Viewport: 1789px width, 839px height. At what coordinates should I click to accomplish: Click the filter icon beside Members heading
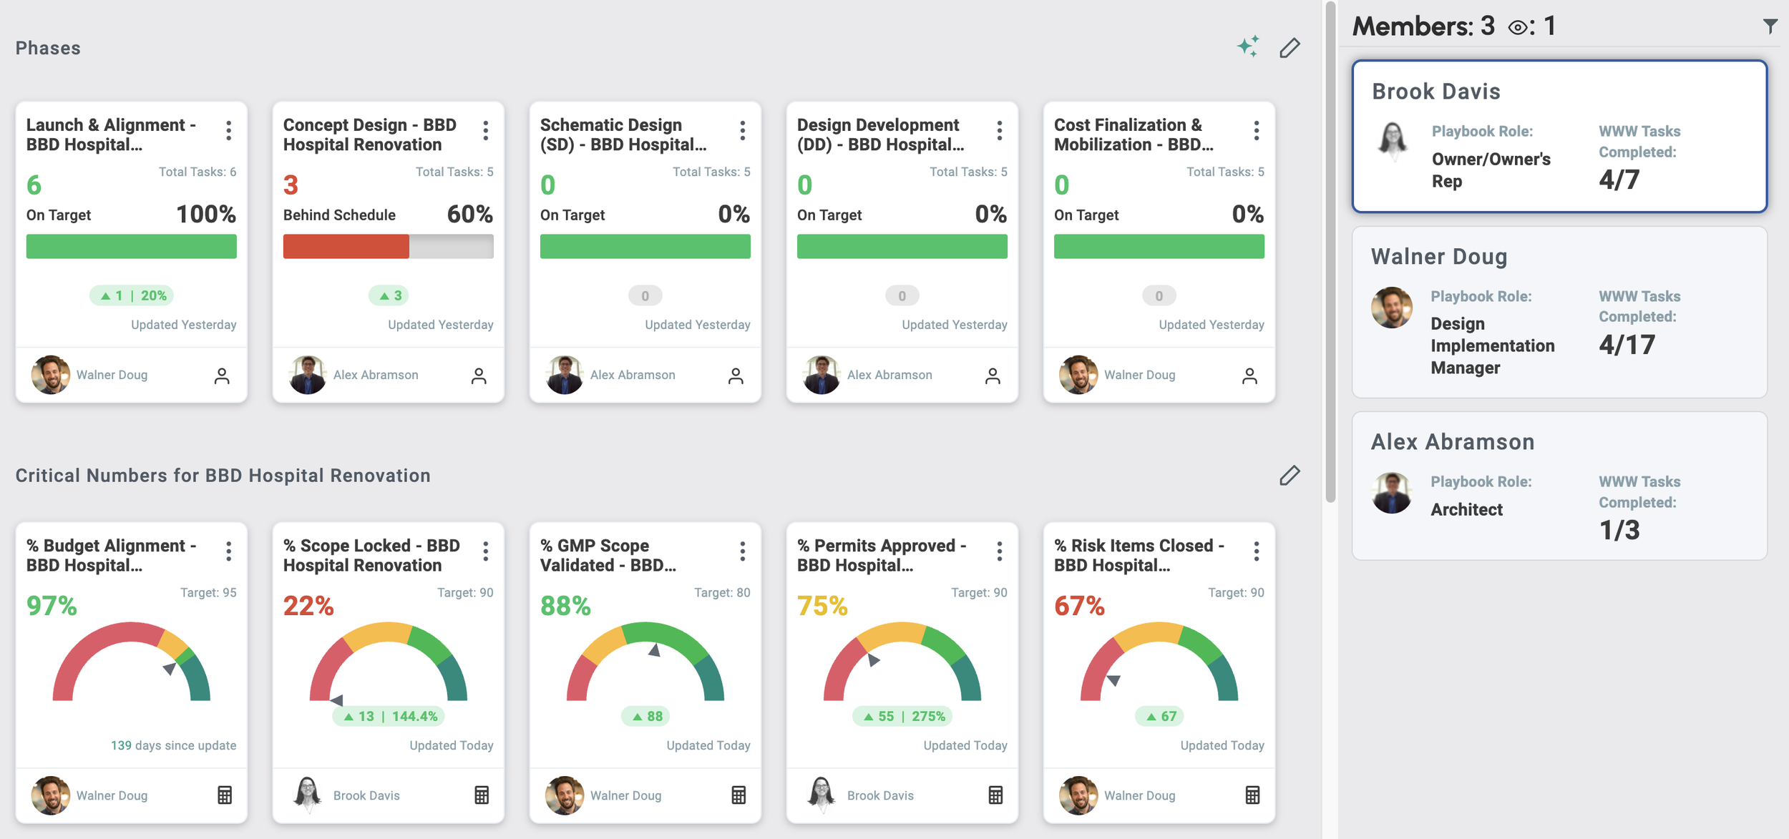pyautogui.click(x=1770, y=26)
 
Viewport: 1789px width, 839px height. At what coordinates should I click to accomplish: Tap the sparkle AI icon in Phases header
pyautogui.click(x=1248, y=46)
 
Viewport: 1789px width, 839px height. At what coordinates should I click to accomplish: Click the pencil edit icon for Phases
pyautogui.click(x=1290, y=48)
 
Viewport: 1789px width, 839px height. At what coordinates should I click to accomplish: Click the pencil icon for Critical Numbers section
pyautogui.click(x=1290, y=476)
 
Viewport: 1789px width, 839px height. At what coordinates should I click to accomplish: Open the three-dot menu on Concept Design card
pyautogui.click(x=486, y=130)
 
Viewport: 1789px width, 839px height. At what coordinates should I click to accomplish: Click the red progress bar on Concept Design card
pyautogui.click(x=346, y=246)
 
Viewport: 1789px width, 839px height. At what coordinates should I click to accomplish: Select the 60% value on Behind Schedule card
pyautogui.click(x=469, y=214)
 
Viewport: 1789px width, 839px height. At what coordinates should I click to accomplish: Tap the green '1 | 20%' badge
pyautogui.click(x=132, y=295)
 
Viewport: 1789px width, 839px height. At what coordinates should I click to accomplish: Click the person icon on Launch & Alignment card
pyautogui.click(x=222, y=376)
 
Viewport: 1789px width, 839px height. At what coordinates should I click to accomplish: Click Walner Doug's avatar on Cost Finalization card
pyautogui.click(x=1078, y=375)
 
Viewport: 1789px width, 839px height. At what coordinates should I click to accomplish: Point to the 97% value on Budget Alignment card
pyautogui.click(x=52, y=606)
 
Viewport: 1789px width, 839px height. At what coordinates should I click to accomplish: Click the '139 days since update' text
pyautogui.click(x=173, y=745)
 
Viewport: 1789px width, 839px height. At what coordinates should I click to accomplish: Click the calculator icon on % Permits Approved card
pyautogui.click(x=995, y=795)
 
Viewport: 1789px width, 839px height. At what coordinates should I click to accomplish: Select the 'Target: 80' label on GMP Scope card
pyautogui.click(x=721, y=592)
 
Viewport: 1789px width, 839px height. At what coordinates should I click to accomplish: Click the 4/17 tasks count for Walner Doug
pyautogui.click(x=1627, y=345)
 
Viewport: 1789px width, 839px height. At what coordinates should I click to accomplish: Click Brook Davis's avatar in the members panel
pyautogui.click(x=1393, y=139)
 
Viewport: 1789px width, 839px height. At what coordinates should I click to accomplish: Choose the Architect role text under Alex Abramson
pyautogui.click(x=1466, y=509)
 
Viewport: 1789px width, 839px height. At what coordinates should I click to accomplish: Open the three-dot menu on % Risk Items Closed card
pyautogui.click(x=1257, y=551)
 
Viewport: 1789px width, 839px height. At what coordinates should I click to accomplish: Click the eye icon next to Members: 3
pyautogui.click(x=1517, y=28)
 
